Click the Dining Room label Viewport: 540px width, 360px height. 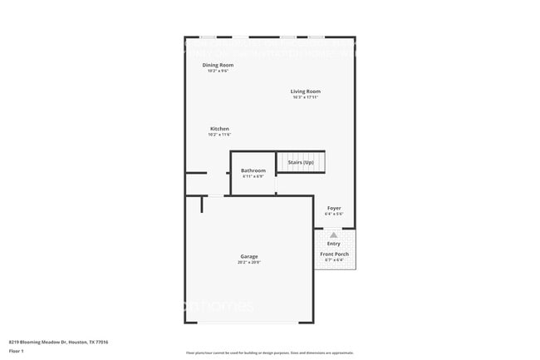click(218, 65)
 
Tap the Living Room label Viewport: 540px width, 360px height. click(306, 91)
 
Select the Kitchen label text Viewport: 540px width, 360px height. click(219, 129)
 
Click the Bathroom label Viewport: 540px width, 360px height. click(253, 170)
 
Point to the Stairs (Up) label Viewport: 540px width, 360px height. click(301, 162)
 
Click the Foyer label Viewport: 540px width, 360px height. click(334, 208)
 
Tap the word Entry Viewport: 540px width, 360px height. click(334, 244)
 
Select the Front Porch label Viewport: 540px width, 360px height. click(334, 254)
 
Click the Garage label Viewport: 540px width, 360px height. click(249, 256)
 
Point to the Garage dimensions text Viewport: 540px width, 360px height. click(249, 262)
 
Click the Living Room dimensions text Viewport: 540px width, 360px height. click(306, 97)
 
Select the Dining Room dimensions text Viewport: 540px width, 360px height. click(218, 71)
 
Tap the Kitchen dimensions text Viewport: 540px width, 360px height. click(219, 135)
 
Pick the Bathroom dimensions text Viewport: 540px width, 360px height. click(253, 176)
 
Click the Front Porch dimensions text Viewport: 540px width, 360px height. click(334, 260)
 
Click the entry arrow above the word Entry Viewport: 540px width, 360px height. click(334, 235)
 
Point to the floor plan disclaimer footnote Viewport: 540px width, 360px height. click(269, 353)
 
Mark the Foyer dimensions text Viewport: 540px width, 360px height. click(334, 214)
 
